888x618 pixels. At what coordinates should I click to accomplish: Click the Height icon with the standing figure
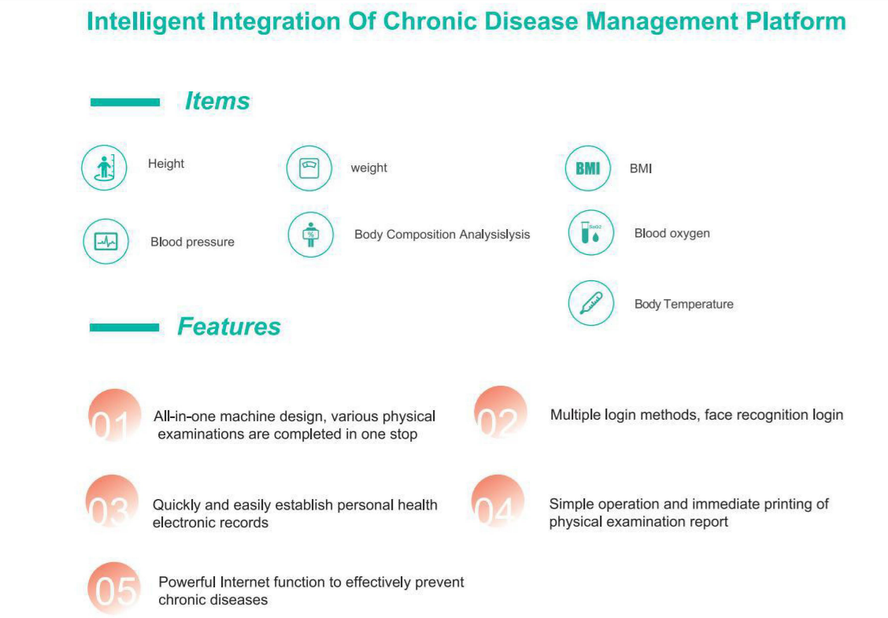point(104,168)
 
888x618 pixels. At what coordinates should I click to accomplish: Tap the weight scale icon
point(309,168)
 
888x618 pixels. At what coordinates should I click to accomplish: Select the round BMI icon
point(588,168)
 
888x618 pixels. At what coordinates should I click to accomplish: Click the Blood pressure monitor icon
point(106,242)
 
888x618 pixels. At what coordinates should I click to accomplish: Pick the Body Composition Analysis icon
point(310,235)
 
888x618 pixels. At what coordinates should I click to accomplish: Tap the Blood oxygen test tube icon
point(590,233)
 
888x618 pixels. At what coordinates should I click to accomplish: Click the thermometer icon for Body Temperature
point(590,303)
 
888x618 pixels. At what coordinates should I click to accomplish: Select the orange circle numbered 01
point(114,416)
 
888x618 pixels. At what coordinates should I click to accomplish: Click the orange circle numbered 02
point(500,413)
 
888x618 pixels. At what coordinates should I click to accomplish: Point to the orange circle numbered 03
point(112,501)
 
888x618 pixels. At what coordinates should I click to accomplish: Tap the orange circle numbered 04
point(498,501)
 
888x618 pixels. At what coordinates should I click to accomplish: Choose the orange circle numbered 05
point(114,589)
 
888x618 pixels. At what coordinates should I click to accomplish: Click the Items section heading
point(217,102)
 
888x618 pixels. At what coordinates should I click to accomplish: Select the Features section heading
point(229,326)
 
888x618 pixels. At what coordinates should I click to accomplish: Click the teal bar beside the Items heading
point(125,102)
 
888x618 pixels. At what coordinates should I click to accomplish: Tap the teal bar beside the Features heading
point(124,328)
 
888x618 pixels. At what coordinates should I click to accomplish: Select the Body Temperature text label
point(683,304)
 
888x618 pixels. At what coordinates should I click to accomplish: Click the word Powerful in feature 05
point(187,582)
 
